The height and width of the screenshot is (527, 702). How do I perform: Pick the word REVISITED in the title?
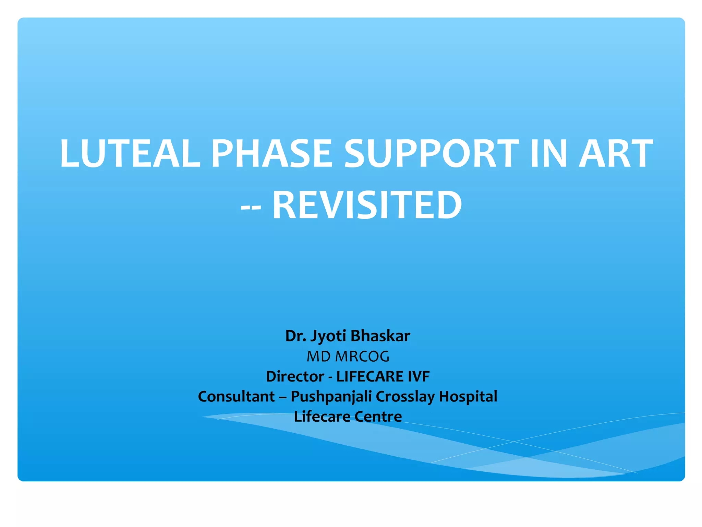tap(367, 205)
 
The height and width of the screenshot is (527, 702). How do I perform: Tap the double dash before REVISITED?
tap(251, 208)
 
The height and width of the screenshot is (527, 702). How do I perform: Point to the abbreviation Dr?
tap(296, 336)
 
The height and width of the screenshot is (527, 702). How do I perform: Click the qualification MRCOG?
tap(362, 356)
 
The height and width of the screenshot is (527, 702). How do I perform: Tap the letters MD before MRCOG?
tap(318, 356)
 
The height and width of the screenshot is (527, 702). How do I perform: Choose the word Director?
tap(295, 376)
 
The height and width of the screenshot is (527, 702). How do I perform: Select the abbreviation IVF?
tap(419, 376)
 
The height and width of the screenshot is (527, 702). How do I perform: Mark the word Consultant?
tap(236, 396)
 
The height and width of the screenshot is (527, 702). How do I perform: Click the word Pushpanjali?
tap(331, 397)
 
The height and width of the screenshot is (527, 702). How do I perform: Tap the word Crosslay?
tap(405, 397)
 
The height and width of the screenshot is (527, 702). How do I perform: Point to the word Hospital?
tap(468, 396)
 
